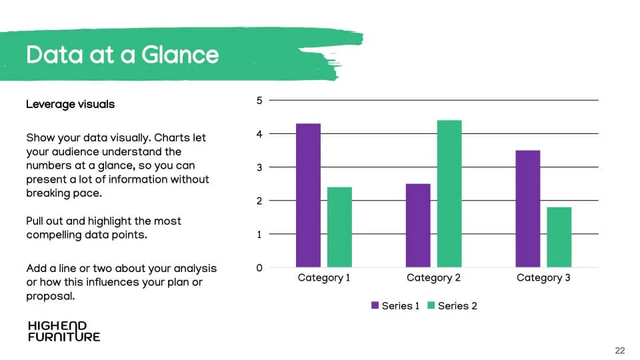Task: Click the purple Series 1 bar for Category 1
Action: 308,195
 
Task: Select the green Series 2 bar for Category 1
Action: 339,227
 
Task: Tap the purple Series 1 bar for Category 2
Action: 418,225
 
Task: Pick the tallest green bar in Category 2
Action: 449,193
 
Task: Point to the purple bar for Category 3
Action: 528,209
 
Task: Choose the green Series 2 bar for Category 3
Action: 559,237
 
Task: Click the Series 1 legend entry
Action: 395,306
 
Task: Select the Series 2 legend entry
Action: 452,306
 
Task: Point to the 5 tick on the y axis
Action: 259,101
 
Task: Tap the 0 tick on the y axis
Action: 259,268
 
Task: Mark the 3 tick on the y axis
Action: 259,167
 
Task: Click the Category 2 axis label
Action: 433,278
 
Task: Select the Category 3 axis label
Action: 543,278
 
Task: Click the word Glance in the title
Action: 180,55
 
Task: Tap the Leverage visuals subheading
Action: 70,105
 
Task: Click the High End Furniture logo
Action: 64,331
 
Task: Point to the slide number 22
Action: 619,351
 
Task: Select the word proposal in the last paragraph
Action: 51,296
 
